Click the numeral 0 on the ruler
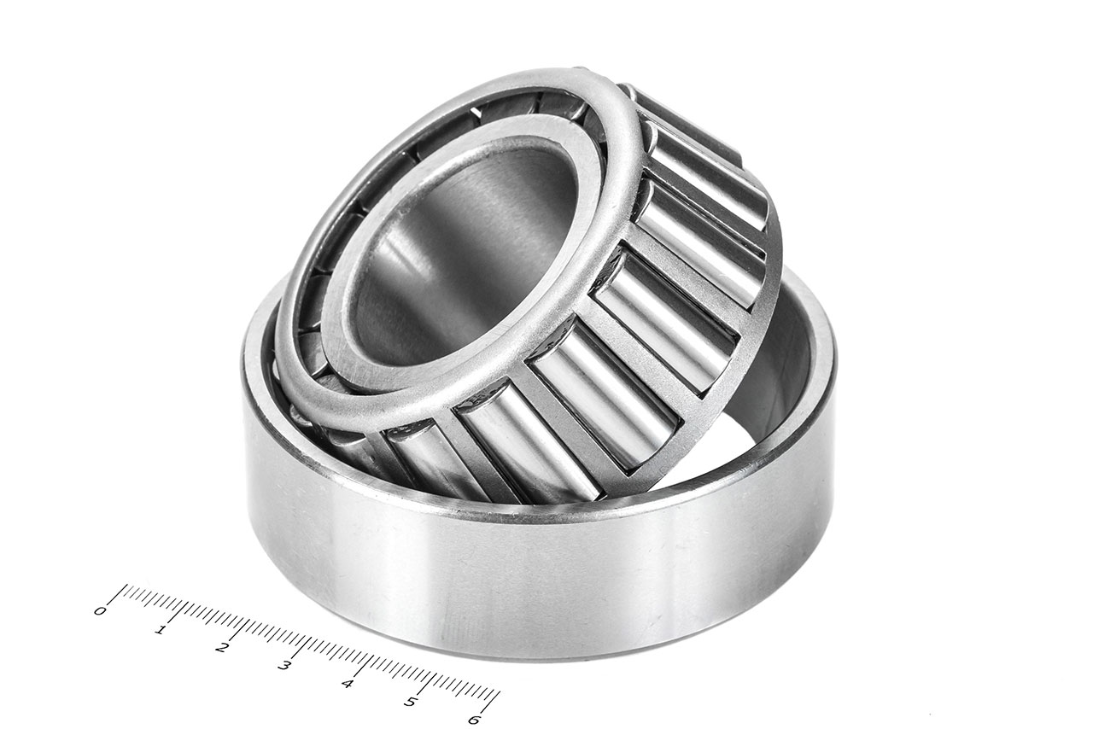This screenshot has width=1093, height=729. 100,611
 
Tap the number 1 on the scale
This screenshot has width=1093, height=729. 161,630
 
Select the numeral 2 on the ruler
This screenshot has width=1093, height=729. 222,648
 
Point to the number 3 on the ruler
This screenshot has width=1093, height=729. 284,666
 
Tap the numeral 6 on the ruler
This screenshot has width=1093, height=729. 473,719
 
